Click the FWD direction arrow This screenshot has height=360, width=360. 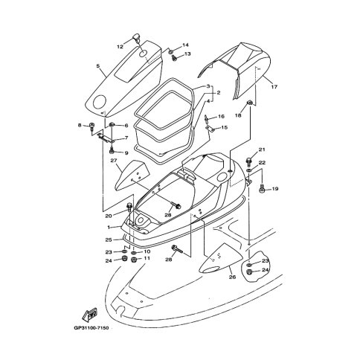click(89, 314)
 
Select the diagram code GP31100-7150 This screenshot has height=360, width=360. click(91, 328)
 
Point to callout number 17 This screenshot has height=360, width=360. click(274, 87)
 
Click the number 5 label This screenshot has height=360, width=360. click(98, 66)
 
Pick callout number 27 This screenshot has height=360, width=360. click(114, 161)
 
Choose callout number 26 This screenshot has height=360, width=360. click(232, 277)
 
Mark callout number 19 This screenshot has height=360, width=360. click(275, 189)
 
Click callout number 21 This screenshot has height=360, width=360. click(262, 150)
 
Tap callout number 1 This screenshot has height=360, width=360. click(109, 227)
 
